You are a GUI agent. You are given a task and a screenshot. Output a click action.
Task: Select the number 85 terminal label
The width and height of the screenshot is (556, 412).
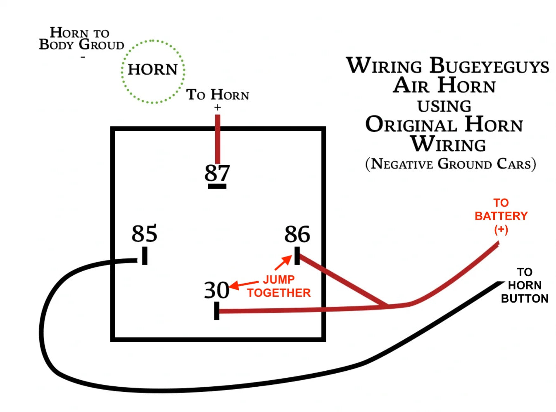tap(144, 233)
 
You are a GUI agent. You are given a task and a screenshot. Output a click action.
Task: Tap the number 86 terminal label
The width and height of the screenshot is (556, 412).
tap(297, 234)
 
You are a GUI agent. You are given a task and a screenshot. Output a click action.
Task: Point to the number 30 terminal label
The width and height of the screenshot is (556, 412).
tap(216, 290)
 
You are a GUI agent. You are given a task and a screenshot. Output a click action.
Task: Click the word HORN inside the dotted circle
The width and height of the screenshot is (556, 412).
tap(152, 69)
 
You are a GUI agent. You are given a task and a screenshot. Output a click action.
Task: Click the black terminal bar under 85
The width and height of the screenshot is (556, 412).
tap(145, 256)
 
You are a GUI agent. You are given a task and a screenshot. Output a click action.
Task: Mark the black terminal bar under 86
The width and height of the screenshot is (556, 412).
tap(297, 256)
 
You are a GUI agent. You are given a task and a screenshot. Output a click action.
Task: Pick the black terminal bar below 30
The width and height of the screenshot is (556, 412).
tap(216, 311)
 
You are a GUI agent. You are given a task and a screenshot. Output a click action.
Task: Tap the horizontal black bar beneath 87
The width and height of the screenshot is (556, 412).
tap(217, 186)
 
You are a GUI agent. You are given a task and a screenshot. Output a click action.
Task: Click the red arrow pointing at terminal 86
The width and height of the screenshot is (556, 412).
tap(283, 263)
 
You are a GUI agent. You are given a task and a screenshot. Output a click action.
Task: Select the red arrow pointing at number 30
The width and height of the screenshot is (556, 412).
tap(244, 285)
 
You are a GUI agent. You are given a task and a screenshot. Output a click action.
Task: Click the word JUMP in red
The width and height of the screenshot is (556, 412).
tap(278, 279)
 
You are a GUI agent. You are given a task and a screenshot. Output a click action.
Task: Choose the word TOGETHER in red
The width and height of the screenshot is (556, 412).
tap(279, 293)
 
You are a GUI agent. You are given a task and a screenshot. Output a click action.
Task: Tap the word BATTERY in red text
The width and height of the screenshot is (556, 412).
tap(501, 216)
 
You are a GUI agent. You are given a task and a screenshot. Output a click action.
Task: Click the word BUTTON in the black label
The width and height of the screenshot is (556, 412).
tap(525, 299)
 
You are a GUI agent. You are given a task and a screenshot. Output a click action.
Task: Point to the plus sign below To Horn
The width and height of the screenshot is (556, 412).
tap(217, 107)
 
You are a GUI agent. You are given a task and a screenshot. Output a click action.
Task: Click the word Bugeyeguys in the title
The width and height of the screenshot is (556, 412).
tap(489, 66)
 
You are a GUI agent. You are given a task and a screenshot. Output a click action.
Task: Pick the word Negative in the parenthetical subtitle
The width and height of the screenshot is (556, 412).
tap(402, 164)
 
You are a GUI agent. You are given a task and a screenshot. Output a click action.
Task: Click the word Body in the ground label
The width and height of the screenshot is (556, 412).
tap(56, 45)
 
